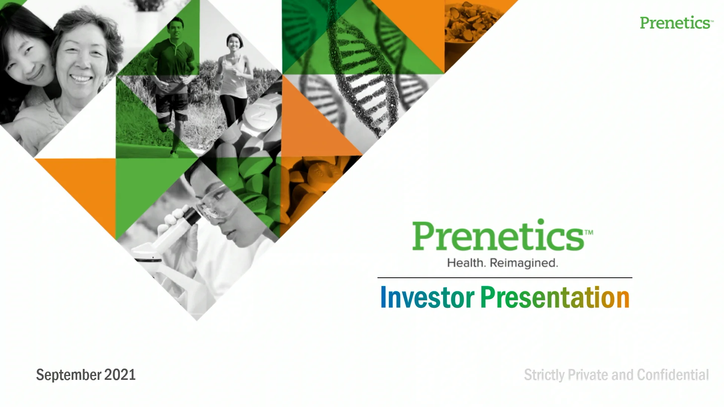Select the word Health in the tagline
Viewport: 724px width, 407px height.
coord(465,263)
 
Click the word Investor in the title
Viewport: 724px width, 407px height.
coord(427,298)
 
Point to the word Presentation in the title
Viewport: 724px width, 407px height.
coord(554,298)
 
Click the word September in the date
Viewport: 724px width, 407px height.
coord(68,375)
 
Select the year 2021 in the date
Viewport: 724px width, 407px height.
coord(120,375)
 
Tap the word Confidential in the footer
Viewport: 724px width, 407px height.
coord(673,375)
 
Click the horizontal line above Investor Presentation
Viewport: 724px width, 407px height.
coord(505,278)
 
